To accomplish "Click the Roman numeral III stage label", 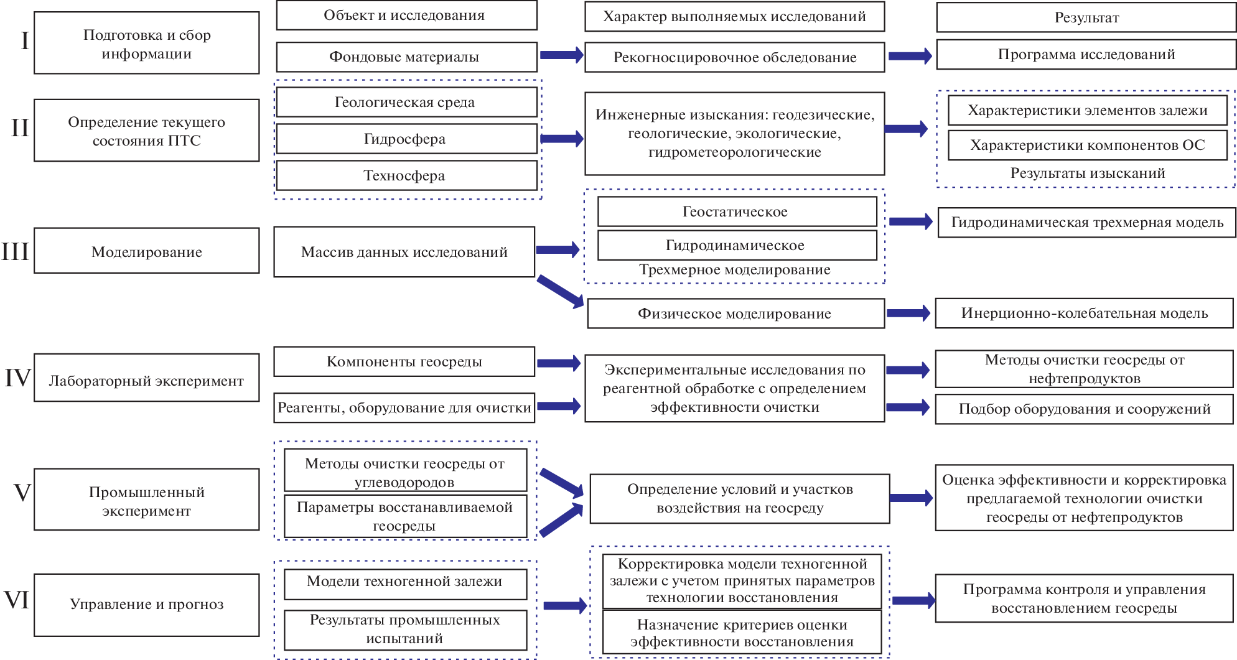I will [x=16, y=251].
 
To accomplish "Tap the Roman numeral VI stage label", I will [x=17, y=600].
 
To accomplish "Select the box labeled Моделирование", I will [x=147, y=251].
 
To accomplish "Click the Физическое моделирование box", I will [x=735, y=314].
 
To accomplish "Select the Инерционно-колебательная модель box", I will [x=1085, y=313].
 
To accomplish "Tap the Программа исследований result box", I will [x=1086, y=55].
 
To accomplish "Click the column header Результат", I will [x=1086, y=17].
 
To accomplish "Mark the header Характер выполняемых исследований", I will [x=734, y=17].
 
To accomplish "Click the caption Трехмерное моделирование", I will [x=735, y=270].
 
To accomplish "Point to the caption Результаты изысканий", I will [x=1088, y=174].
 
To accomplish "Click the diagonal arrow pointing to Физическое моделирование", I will [x=560, y=290].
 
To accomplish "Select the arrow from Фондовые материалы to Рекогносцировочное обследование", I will [x=561, y=55].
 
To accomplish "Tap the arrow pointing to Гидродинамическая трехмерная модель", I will [x=910, y=221].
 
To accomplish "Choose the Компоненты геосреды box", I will [x=404, y=361].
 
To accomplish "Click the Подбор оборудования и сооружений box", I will [x=1084, y=409].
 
